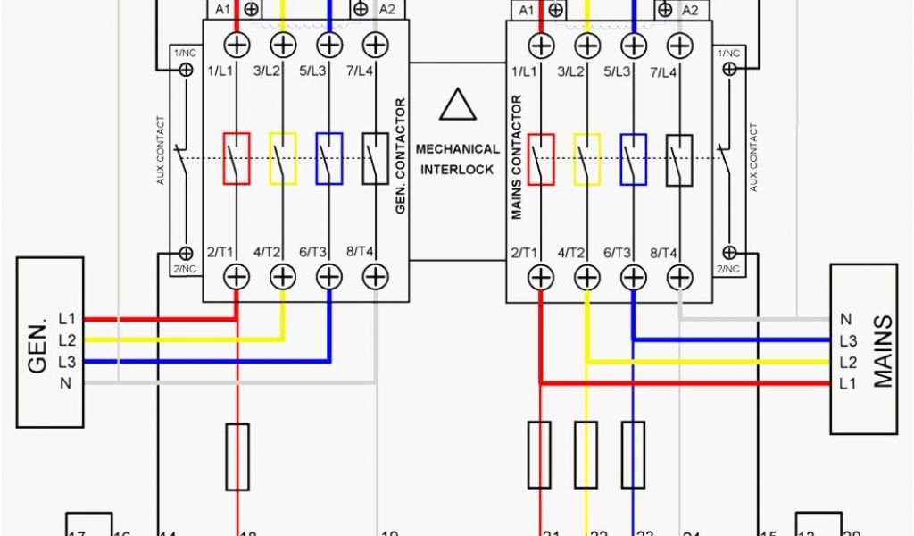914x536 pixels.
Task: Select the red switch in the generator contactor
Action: pyautogui.click(x=236, y=159)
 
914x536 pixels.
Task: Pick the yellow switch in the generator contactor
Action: pyautogui.click(x=282, y=159)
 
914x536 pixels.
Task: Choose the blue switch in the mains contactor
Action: pyautogui.click(x=634, y=159)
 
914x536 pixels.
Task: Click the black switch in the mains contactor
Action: pyautogui.click(x=680, y=159)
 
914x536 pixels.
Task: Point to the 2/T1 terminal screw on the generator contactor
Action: pyautogui.click(x=236, y=277)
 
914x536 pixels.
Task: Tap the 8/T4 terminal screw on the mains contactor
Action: pyautogui.click(x=680, y=277)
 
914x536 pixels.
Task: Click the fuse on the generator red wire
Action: pyautogui.click(x=237, y=456)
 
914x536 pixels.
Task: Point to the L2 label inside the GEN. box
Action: pyautogui.click(x=67, y=340)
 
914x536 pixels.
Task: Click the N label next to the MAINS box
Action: pyautogui.click(x=845, y=319)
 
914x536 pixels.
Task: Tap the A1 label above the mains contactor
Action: pyautogui.click(x=527, y=10)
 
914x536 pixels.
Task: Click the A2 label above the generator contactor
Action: pyautogui.click(x=387, y=9)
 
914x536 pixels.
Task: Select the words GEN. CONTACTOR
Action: pyautogui.click(x=400, y=155)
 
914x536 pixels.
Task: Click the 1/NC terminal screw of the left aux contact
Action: pyautogui.click(x=187, y=68)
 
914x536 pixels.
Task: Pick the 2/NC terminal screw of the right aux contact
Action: pyautogui.click(x=730, y=253)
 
